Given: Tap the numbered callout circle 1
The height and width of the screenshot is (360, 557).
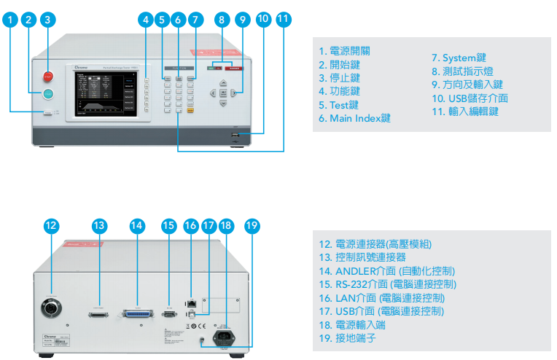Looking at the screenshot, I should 10,20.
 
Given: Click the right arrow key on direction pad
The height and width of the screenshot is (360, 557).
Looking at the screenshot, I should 233,93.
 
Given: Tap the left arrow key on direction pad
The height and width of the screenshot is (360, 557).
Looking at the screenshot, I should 213,93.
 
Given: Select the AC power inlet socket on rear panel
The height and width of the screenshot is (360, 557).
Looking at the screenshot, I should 223,337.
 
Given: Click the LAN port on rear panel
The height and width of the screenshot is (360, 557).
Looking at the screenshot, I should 192,300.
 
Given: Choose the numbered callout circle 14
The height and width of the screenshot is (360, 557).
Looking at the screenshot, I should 136,226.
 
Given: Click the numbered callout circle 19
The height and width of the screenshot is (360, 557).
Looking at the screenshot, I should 252,225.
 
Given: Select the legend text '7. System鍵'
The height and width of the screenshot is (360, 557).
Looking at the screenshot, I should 459,58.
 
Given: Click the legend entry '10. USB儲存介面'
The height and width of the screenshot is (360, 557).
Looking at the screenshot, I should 469,98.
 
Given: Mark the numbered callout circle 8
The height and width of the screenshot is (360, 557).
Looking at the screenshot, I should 222,20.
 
